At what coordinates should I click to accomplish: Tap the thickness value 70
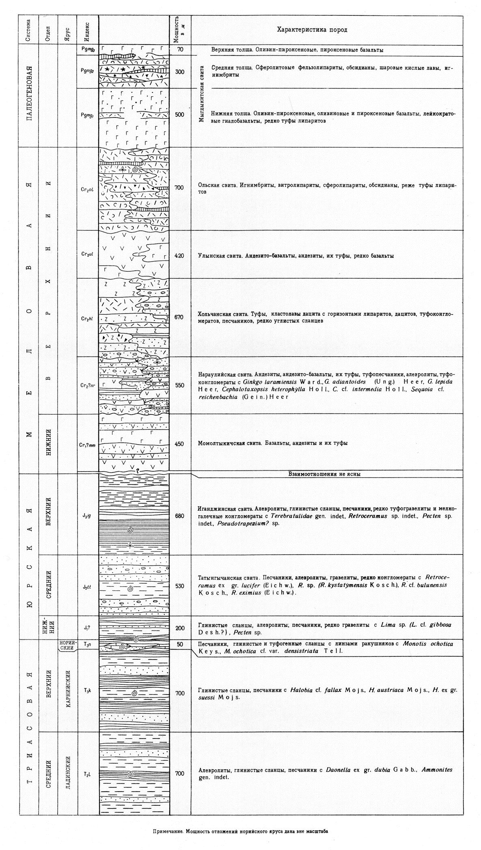(x=180, y=50)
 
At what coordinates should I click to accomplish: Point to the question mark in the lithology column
(x=137, y=471)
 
